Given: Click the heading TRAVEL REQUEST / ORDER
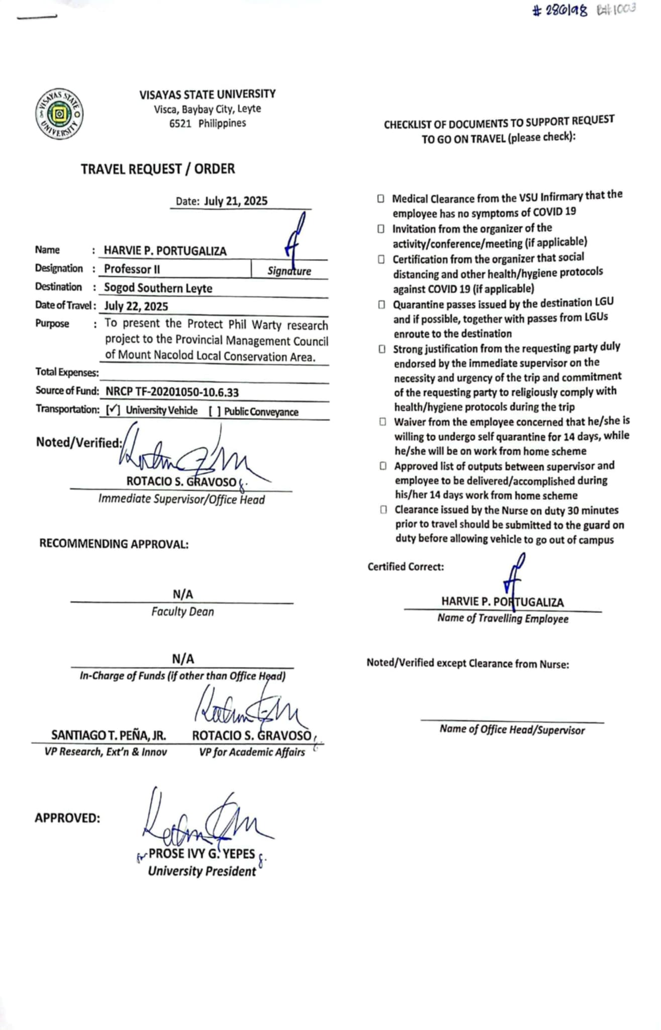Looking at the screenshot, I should pos(158,169).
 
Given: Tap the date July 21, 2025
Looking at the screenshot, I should pos(235,201).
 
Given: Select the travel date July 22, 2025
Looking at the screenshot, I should pos(136,306).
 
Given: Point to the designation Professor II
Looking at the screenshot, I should pos(132,269).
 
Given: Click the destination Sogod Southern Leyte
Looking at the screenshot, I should pos(158,288).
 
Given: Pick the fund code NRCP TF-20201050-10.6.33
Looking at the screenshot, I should pos(172,392).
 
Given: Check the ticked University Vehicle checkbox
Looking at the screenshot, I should pos(113,410).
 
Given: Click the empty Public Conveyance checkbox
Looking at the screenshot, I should pos(215,411).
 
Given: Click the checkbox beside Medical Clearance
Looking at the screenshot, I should pos(381,199).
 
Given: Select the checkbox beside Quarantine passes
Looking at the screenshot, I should pos(382,305).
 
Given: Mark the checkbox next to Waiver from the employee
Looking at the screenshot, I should pos(383,422).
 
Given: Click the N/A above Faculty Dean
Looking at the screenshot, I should pos(182,594).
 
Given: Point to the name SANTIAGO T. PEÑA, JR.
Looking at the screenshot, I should pos(108,735).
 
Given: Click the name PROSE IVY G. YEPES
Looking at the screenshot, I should pos(202,854).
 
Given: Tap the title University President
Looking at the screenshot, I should pos(202,872).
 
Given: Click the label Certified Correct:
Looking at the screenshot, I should pos(406,567).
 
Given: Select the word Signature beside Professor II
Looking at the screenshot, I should pos(289,271).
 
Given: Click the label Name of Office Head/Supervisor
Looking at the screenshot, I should pos(512,730).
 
